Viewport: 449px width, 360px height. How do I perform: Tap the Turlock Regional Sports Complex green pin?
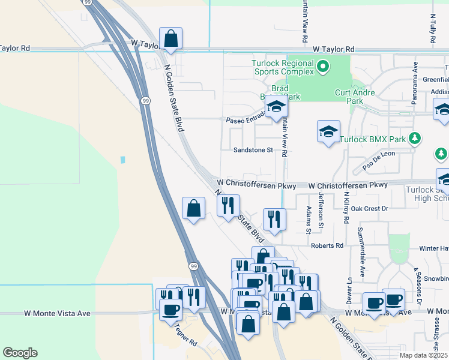(x=324, y=66)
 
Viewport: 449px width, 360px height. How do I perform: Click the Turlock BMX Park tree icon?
(x=414, y=139)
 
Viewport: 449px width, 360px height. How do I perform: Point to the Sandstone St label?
(x=253, y=150)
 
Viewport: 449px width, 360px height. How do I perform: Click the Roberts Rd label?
(x=327, y=245)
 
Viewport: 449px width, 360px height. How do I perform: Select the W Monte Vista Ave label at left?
(x=57, y=313)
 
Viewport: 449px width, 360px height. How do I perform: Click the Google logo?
(x=20, y=353)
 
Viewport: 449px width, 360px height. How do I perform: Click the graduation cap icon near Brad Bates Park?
(x=277, y=107)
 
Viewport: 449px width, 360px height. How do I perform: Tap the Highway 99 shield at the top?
(x=88, y=3)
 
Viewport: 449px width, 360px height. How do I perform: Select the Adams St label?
(x=309, y=220)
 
